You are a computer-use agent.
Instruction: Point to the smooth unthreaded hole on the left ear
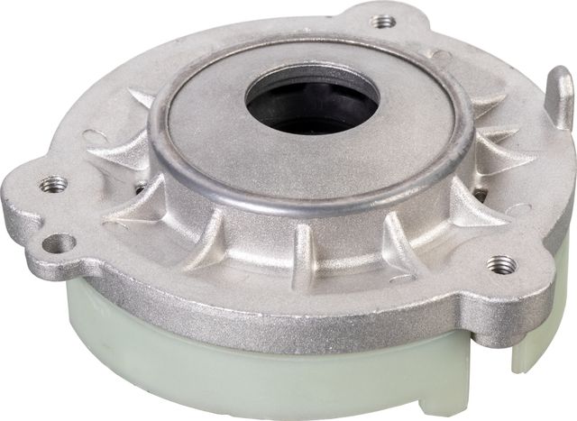(x=62, y=242)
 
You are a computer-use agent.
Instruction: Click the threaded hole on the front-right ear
(x=500, y=264)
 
